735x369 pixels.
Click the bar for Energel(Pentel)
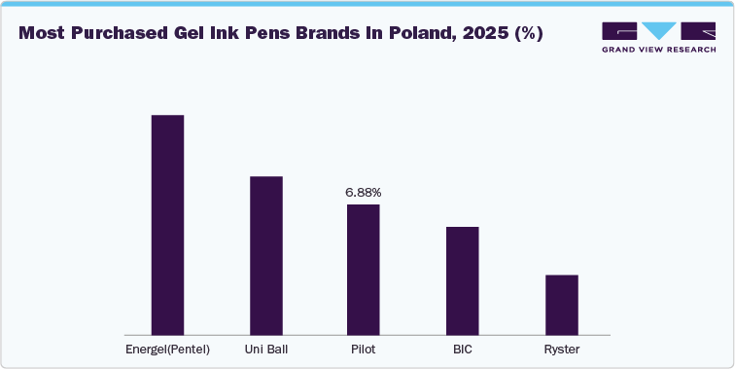(167, 225)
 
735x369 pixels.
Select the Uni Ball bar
(265, 256)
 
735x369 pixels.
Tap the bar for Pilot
(364, 270)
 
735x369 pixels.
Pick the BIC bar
(462, 281)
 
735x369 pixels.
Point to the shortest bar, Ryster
(561, 305)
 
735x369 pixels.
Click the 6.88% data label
(364, 193)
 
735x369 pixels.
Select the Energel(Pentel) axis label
(167, 349)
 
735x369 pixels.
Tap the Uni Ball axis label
(265, 349)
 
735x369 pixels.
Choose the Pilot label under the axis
(364, 349)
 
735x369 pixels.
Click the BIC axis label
(462, 349)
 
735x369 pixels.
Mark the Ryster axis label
(561, 349)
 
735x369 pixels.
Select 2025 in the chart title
(490, 33)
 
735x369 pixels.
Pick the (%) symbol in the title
(529, 33)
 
